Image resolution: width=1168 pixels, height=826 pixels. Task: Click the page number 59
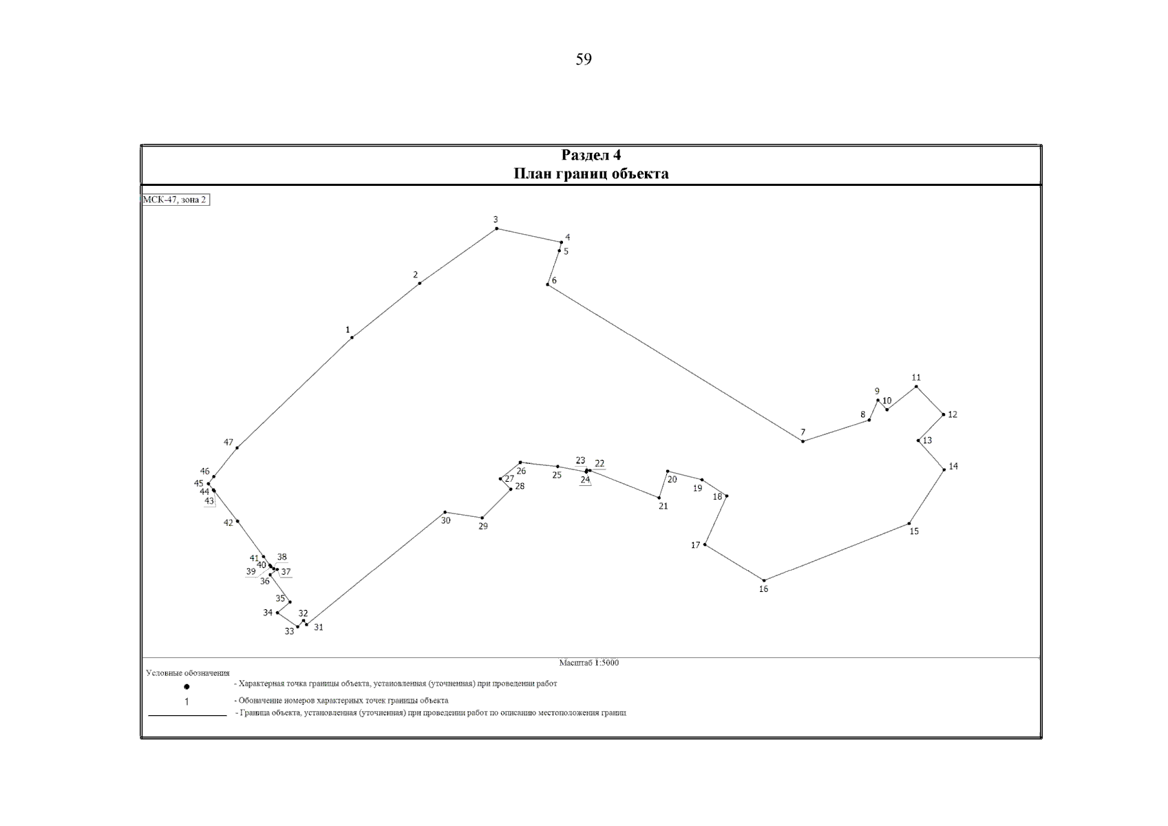[584, 59]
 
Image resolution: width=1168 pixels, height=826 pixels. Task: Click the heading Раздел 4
[591, 155]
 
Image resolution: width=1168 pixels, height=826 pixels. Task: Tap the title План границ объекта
[591, 173]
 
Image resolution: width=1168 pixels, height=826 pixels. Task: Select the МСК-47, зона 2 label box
[176, 200]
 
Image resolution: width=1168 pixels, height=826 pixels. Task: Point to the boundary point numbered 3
[496, 229]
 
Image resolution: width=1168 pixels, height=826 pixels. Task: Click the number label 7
[803, 432]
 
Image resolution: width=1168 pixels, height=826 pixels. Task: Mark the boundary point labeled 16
[764, 580]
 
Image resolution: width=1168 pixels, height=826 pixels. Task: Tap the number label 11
[916, 377]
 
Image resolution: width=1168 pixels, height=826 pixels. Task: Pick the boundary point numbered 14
[944, 470]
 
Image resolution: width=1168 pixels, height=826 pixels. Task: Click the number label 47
[229, 442]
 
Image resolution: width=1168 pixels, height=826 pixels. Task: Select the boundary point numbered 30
[445, 512]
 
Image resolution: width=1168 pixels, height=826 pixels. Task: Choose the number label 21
[663, 506]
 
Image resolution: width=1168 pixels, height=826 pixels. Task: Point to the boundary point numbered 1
[352, 337]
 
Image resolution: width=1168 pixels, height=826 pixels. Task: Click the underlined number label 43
[209, 501]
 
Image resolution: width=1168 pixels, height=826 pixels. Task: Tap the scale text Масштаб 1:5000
[588, 663]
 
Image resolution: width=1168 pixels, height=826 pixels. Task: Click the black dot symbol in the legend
[187, 687]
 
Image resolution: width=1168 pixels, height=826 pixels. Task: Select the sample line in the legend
[188, 715]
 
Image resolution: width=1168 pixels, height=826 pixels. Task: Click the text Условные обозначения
[188, 673]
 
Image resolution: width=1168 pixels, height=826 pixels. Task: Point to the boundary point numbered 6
[547, 284]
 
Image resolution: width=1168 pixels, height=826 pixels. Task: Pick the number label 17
[696, 545]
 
